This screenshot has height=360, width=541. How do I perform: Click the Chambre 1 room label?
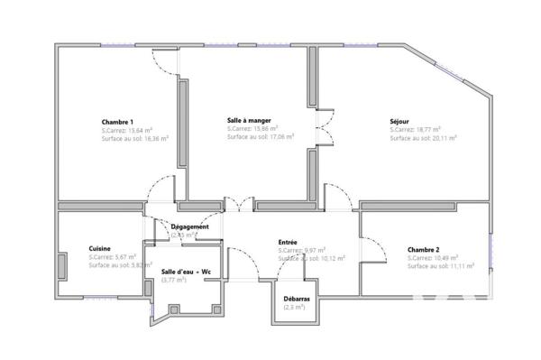point(117,122)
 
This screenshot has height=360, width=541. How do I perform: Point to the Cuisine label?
point(100,248)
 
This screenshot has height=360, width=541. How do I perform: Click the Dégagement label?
point(190,226)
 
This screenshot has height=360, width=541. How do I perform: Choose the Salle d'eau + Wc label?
point(186,271)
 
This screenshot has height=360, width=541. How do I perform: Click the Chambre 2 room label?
point(423,248)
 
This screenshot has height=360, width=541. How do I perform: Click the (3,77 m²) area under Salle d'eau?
point(174,281)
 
